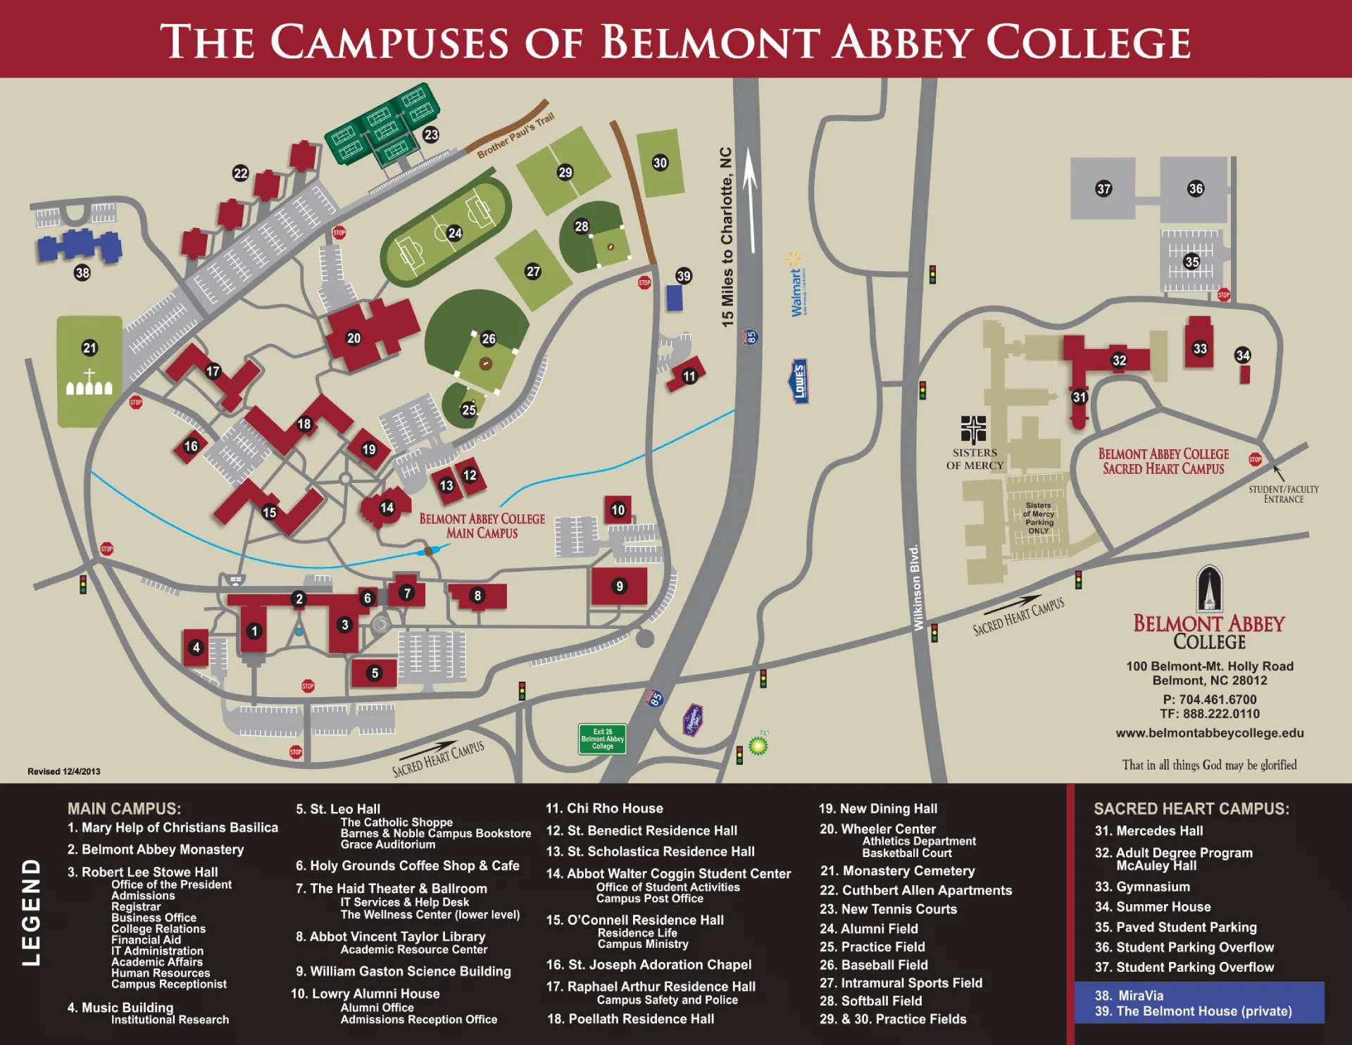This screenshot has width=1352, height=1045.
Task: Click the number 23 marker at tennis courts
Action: (x=431, y=134)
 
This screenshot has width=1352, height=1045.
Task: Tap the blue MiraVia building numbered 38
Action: (x=79, y=246)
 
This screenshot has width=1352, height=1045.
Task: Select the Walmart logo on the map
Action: (x=796, y=284)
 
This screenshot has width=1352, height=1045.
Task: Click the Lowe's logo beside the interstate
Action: (x=799, y=381)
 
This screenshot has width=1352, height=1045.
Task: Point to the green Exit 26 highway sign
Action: (x=602, y=739)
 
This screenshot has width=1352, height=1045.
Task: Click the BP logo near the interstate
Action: (x=758, y=744)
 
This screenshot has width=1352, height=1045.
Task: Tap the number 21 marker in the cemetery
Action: (x=89, y=347)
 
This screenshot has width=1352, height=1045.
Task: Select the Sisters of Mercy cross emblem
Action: (x=973, y=429)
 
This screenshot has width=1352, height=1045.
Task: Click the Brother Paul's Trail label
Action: (x=515, y=135)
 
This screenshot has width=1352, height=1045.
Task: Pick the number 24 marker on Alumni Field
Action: (x=455, y=233)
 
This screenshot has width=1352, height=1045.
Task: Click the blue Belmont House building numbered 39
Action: (x=675, y=298)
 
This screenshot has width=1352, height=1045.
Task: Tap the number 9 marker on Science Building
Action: (x=620, y=586)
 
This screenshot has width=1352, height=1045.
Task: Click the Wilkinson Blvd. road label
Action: (x=916, y=587)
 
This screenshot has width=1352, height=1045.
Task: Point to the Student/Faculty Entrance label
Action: (x=1283, y=494)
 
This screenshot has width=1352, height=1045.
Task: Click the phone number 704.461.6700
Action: (x=1209, y=699)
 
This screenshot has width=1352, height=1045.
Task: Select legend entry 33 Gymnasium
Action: (x=1141, y=887)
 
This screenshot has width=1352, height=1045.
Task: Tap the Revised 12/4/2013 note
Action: (x=64, y=771)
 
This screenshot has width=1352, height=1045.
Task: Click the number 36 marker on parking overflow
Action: (x=1196, y=189)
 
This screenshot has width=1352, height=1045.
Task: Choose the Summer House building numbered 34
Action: (x=1244, y=373)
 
